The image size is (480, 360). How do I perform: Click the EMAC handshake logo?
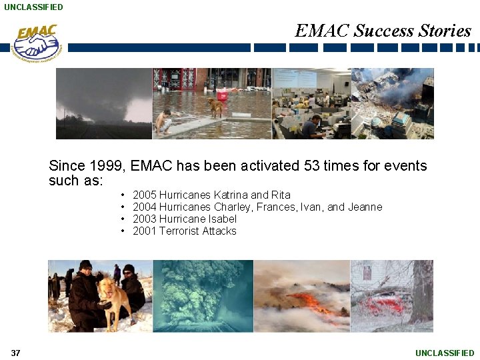point(37,43)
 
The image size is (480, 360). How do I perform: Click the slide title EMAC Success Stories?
point(383,31)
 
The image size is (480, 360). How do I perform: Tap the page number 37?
point(15,353)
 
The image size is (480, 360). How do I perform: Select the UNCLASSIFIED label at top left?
point(33,7)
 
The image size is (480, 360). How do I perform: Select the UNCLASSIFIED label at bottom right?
point(445,353)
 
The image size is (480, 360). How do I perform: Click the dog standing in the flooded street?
point(215,107)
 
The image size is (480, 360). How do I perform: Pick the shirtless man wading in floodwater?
point(163,123)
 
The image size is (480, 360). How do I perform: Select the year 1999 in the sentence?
point(111,166)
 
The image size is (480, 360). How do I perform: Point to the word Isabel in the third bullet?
point(221,219)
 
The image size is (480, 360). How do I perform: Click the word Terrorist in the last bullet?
point(179,231)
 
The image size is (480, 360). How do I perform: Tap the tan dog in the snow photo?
point(115,297)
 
